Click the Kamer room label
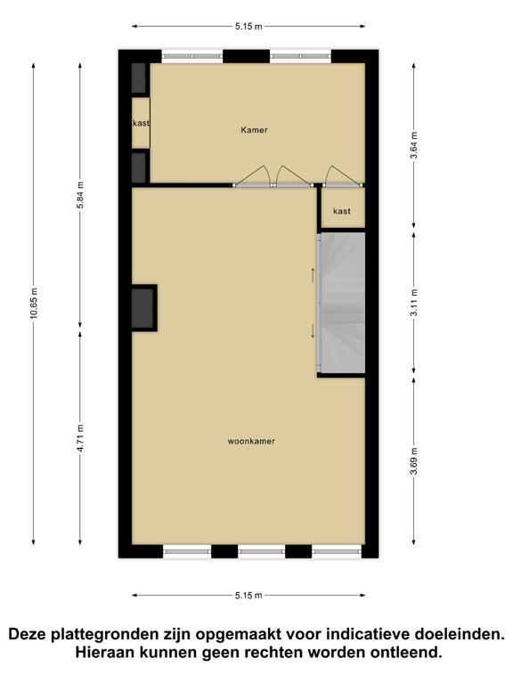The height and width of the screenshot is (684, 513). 254,130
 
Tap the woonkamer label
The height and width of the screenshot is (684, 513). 251,441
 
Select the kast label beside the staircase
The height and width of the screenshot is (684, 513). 342,211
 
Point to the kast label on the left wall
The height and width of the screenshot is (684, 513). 141,123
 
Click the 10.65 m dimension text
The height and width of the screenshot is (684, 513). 34,303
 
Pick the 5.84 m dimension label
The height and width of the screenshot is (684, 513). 80,194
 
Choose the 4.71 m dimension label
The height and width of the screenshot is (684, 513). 80,438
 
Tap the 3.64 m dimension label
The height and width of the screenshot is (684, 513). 414,146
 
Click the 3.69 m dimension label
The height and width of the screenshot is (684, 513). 414,461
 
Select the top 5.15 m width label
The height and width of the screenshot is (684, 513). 248,26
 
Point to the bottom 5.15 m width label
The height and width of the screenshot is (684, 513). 248,595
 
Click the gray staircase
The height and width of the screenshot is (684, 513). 342,303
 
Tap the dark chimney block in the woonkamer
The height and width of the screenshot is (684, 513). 143,307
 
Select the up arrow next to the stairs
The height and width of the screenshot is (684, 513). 313,275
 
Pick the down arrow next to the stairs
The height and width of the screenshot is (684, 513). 313,330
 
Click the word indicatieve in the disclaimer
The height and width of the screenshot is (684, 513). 363,634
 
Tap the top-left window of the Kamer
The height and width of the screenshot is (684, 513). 192,56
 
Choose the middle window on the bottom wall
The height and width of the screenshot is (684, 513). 261,551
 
